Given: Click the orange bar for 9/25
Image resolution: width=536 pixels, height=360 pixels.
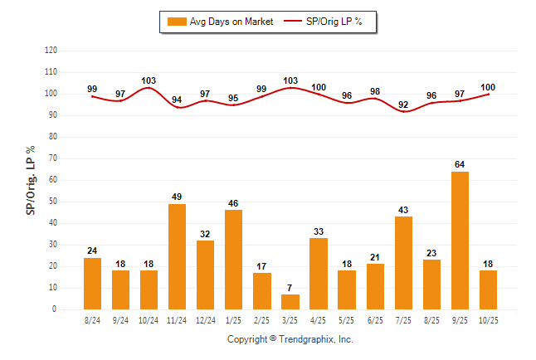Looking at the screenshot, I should click(460, 241).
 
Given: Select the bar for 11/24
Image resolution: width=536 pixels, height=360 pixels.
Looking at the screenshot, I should click(178, 256).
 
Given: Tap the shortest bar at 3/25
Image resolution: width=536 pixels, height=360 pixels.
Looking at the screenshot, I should click(290, 302).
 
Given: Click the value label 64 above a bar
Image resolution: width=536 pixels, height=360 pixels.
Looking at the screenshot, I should click(460, 164).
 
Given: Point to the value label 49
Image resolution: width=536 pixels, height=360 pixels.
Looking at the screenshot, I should click(178, 197).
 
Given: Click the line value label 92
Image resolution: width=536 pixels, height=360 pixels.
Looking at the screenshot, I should click(403, 105).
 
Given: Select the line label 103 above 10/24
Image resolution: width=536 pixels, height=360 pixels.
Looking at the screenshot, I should click(149, 80).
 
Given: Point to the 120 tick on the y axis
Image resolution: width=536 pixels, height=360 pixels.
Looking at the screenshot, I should click(51, 51).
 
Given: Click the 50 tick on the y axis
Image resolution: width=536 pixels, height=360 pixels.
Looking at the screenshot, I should click(53, 202).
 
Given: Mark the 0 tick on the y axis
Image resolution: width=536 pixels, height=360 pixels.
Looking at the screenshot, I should click(55, 309).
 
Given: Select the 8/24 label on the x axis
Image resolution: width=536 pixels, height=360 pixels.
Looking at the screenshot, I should click(92, 319).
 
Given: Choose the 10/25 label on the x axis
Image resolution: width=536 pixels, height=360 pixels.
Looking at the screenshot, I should click(488, 319).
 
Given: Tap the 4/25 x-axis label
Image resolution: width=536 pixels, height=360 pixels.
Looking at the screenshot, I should click(319, 319).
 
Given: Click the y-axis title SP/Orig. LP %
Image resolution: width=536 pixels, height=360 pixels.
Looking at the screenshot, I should click(31, 179).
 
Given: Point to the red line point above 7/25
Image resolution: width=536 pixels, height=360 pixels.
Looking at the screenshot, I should click(403, 112).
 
